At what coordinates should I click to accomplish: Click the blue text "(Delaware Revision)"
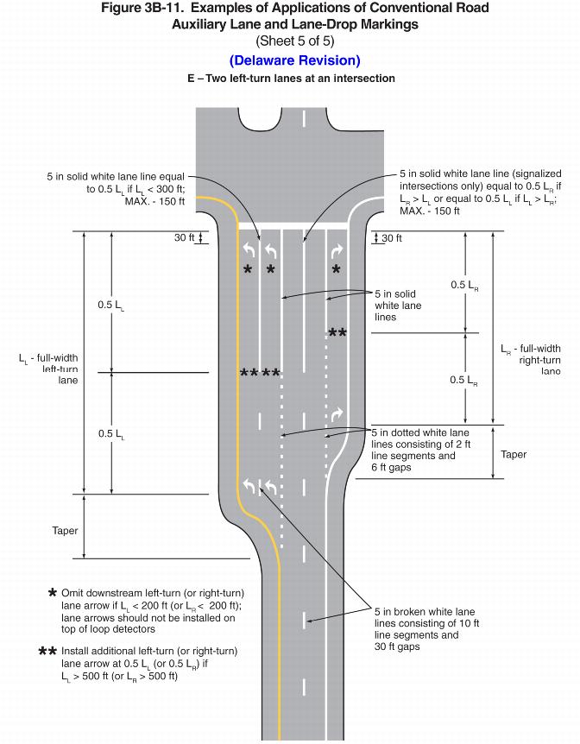click(294, 60)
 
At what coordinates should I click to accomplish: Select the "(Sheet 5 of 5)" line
click(294, 41)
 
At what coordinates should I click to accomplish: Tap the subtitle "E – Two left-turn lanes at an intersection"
click(291, 79)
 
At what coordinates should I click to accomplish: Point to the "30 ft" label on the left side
click(185, 238)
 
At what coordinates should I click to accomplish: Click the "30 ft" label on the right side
click(392, 238)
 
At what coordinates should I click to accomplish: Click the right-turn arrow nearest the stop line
click(337, 250)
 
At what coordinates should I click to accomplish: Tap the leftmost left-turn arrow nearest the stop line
click(248, 250)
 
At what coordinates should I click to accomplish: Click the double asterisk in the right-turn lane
click(337, 334)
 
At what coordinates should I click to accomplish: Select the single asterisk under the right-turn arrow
click(337, 270)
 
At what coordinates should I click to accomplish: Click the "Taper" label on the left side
click(65, 531)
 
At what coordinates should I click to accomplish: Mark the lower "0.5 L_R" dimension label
click(465, 381)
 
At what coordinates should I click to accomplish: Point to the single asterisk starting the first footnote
click(53, 595)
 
